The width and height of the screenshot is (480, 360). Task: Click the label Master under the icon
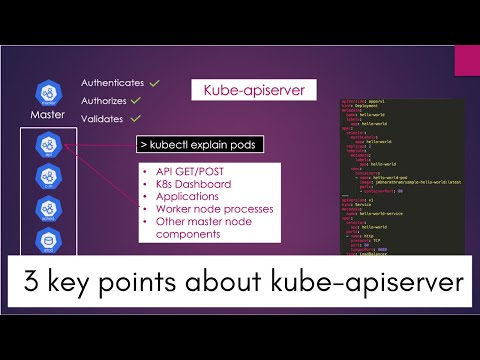47,114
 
